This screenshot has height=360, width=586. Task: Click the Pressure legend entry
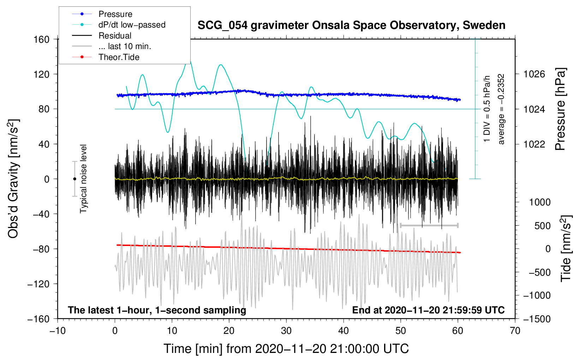tap(115, 14)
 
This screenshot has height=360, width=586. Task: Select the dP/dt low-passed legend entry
tap(132, 25)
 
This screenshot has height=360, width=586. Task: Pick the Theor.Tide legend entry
tap(119, 57)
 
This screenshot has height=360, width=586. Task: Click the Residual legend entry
tap(115, 36)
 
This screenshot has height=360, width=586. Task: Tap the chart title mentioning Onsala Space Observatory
tap(351, 25)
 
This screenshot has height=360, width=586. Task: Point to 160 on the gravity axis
tap(42, 39)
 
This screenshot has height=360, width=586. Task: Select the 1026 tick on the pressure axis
tap(534, 74)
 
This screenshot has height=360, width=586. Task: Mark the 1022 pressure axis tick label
tap(534, 144)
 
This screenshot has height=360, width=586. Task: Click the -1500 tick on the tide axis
tap(537, 319)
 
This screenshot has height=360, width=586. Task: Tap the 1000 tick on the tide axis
tap(539, 202)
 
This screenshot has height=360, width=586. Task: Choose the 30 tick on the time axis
tap(286, 331)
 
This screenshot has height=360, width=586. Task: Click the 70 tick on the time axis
tap(515, 331)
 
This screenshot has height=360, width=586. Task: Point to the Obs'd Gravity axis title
tap(13, 179)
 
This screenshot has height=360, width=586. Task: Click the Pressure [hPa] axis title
tap(560, 109)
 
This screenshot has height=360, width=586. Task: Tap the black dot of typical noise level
tap(74, 179)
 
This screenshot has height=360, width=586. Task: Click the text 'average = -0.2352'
tap(501, 109)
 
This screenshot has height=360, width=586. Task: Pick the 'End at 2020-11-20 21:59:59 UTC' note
tap(428, 310)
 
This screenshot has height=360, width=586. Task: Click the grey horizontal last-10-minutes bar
tap(429, 225)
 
